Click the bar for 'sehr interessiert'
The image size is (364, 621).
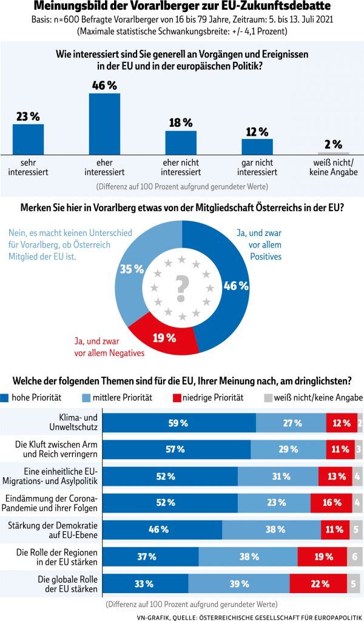click(29, 139)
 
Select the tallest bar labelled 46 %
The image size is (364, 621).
click(104, 124)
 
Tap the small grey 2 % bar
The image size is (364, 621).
click(333, 153)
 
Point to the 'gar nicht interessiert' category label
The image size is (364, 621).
click(257, 167)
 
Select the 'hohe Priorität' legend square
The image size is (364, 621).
click(5, 398)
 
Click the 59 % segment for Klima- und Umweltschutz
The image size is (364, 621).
click(180, 423)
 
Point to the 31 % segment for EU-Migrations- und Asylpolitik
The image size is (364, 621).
click(278, 476)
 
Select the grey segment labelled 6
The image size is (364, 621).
click(355, 557)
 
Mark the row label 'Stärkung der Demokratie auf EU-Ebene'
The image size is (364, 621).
click(55, 529)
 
